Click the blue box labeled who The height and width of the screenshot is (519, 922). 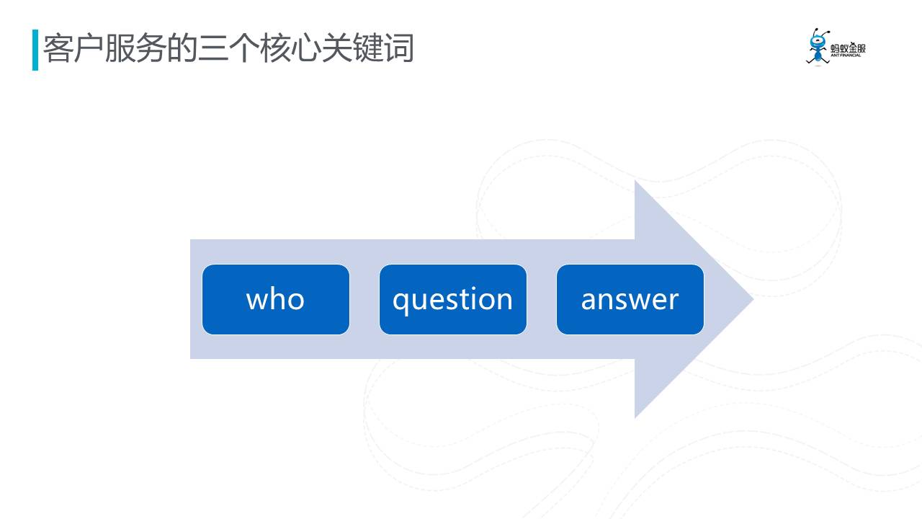click(276, 299)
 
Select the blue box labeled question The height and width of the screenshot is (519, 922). click(453, 299)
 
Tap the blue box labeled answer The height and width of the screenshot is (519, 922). click(630, 299)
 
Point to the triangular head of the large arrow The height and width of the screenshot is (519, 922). click(694, 299)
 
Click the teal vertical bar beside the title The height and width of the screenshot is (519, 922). click(35, 50)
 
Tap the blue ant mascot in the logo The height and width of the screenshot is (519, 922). click(818, 47)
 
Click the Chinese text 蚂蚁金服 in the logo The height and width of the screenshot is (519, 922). click(848, 48)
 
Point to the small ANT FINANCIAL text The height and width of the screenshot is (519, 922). click(846, 56)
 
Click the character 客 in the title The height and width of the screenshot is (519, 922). click(58, 48)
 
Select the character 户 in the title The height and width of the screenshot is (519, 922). click(89, 48)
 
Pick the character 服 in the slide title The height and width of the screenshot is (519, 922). click(120, 48)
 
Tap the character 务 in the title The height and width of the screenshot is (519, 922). click(151, 48)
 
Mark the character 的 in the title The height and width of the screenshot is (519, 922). click(182, 48)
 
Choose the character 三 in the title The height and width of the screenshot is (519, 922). click(212, 48)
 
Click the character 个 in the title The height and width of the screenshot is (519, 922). click(243, 48)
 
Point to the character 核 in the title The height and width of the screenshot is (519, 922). click(274, 48)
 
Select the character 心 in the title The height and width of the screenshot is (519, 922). click(305, 48)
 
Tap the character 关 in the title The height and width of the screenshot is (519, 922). click(336, 48)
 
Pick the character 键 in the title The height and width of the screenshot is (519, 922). click(367, 48)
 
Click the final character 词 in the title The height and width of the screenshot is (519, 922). click(398, 48)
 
